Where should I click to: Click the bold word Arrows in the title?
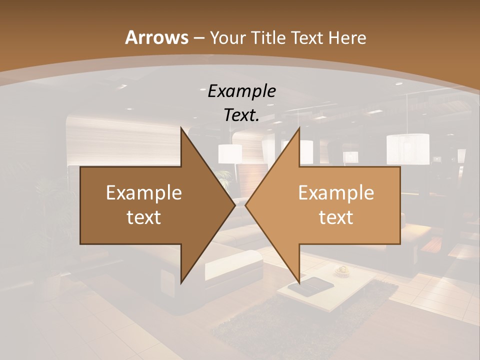pyautogui.click(x=156, y=37)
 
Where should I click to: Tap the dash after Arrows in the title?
pyautogui.click(x=198, y=38)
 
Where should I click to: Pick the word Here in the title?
pyautogui.click(x=348, y=38)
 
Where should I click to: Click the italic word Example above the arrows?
pyautogui.click(x=241, y=91)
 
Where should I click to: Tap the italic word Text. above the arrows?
pyautogui.click(x=241, y=115)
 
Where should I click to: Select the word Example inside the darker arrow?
pyautogui.click(x=144, y=193)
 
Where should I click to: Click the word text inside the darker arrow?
pyautogui.click(x=144, y=217)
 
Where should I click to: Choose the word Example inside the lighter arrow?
pyautogui.click(x=336, y=193)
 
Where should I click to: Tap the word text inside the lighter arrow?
pyautogui.click(x=336, y=217)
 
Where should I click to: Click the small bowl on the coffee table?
pyautogui.click(x=342, y=270)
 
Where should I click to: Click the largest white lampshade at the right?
pyautogui.click(x=407, y=148)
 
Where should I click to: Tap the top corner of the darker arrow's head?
pyautogui.click(x=181, y=127)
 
